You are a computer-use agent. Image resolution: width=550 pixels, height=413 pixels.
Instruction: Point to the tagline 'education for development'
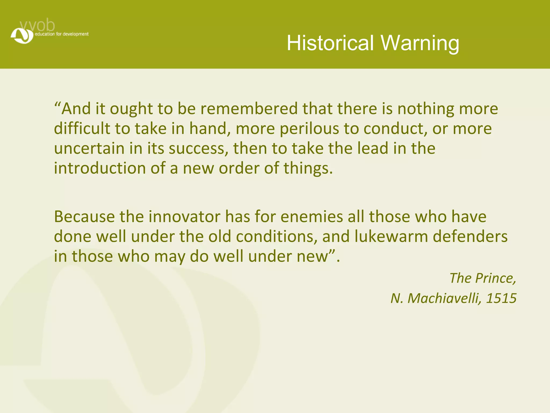click(x=61, y=34)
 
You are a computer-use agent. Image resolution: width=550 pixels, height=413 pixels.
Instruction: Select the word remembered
click(x=249, y=109)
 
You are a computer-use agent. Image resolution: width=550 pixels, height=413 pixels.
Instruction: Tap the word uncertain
click(x=89, y=148)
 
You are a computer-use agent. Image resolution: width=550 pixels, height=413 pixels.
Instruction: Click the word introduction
click(x=100, y=168)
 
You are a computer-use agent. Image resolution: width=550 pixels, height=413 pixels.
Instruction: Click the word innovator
click(x=184, y=217)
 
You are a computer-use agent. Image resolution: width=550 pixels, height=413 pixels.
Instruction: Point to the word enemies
click(x=312, y=217)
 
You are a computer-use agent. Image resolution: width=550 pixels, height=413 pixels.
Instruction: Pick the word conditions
click(x=275, y=237)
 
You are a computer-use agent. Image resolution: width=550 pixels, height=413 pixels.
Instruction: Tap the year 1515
click(x=501, y=298)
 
